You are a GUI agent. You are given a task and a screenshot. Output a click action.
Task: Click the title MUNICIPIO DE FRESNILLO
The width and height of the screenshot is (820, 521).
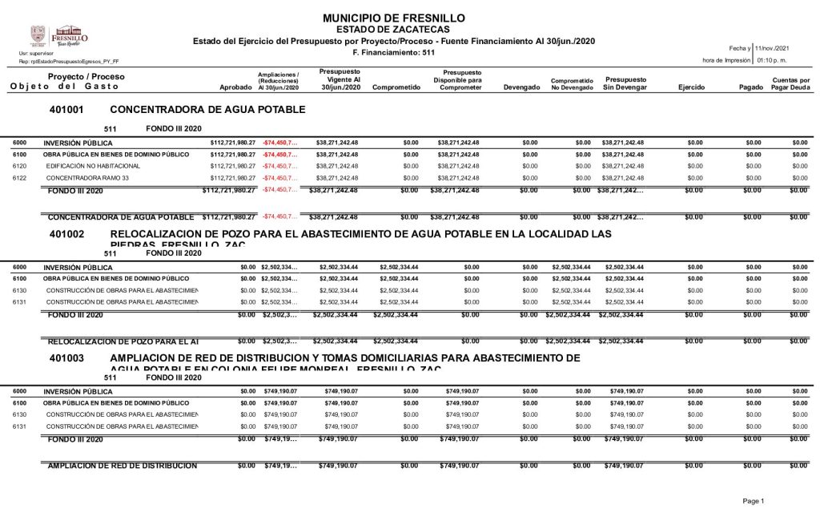click(394, 18)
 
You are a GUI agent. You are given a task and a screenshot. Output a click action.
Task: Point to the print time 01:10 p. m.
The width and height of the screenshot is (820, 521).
click(771, 60)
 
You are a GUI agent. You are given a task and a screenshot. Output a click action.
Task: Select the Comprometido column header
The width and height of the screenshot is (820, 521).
click(396, 87)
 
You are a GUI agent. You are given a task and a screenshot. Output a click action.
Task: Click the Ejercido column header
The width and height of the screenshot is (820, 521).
click(691, 87)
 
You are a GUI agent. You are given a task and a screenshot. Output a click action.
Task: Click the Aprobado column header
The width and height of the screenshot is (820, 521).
click(235, 87)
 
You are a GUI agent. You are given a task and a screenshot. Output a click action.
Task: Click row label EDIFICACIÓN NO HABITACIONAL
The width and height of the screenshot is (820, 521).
click(88, 166)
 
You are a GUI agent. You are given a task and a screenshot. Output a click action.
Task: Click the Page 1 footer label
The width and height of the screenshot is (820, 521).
click(754, 501)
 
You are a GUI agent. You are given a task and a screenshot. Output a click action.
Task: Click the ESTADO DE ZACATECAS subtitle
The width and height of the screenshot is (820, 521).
click(393, 29)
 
